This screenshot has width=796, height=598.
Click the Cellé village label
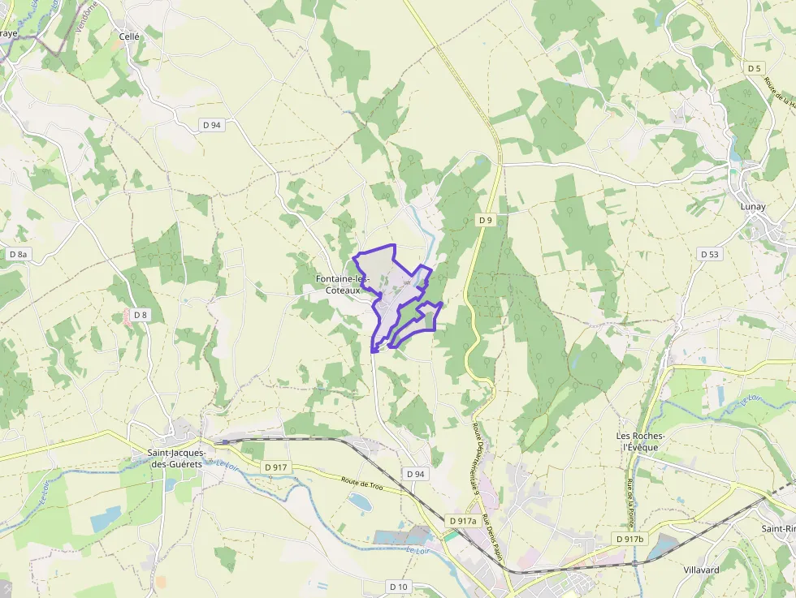coord(130,37)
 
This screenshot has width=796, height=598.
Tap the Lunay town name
coord(753,207)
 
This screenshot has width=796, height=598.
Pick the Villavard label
coord(701,570)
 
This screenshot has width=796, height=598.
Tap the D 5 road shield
coord(755,68)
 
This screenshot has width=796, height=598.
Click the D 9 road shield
coord(486,220)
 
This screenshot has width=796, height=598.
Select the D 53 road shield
coord(710,254)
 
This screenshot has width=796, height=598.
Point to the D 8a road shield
coord(18,254)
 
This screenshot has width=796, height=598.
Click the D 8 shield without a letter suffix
coord(141,315)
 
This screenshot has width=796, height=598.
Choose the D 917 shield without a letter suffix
coord(276,467)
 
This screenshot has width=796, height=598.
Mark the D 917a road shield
coord(462,520)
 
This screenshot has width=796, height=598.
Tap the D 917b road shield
coord(629,540)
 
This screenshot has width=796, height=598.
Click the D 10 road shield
coord(398,586)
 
